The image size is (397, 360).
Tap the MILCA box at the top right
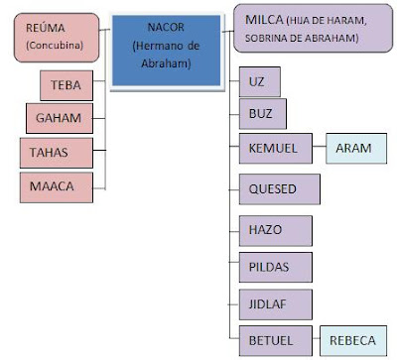[x=313, y=30]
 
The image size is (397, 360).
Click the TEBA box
[x=67, y=86]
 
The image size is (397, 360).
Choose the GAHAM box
[x=60, y=120]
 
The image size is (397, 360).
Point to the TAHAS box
[x=56, y=154]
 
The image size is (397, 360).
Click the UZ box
[x=260, y=81]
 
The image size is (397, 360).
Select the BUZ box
[x=260, y=114]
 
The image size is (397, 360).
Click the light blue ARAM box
[x=353, y=149]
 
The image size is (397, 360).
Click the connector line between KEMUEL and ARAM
[x=319, y=149]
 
